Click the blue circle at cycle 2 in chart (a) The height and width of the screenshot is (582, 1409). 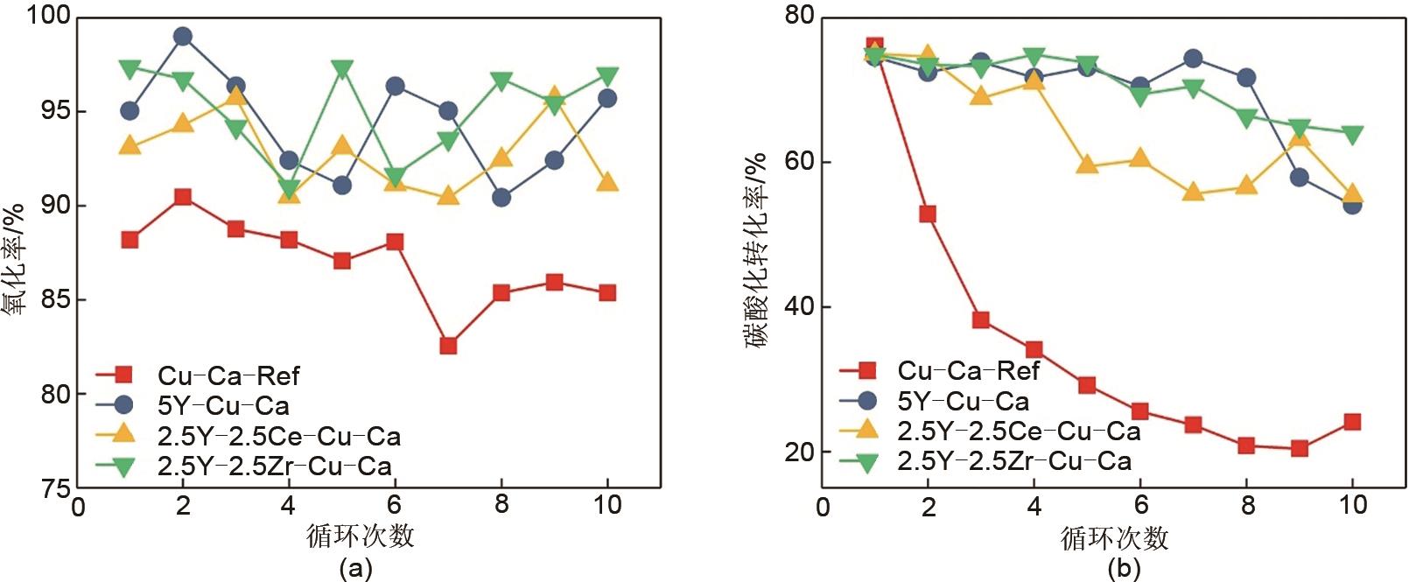[x=183, y=37]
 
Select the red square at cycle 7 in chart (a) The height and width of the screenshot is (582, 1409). [x=448, y=346]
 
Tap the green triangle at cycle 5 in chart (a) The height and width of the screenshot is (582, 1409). [x=342, y=69]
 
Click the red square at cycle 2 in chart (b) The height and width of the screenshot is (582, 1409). [x=928, y=214]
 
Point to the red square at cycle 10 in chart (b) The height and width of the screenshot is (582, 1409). [x=1352, y=422]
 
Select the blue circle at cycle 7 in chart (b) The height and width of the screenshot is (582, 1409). [x=1193, y=59]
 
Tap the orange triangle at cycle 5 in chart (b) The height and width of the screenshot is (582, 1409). [x=1087, y=164]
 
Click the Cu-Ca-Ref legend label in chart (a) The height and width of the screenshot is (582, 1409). [x=228, y=376]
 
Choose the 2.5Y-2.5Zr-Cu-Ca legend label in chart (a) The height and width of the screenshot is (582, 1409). [x=274, y=466]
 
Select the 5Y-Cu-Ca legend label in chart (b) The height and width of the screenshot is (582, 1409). [x=963, y=402]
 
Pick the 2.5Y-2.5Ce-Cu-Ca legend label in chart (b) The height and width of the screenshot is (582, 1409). [x=1019, y=431]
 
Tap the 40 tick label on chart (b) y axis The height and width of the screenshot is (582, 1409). [x=796, y=307]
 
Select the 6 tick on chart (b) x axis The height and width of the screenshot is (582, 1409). [x=1140, y=505]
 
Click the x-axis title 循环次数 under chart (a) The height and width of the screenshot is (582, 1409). [x=360, y=535]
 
